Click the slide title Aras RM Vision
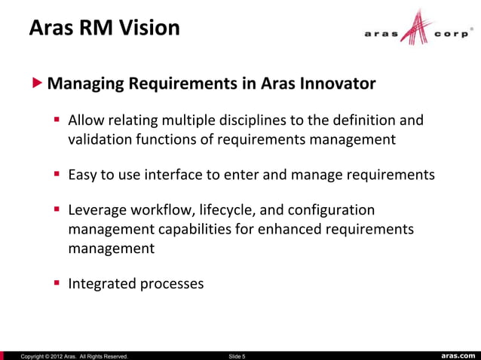pyautogui.click(x=104, y=29)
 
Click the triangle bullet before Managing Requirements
pyautogui.click(x=38, y=83)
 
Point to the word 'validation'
pyautogui.click(x=100, y=139)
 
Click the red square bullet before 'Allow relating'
pyautogui.click(x=57, y=121)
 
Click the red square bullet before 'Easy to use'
pyautogui.click(x=57, y=175)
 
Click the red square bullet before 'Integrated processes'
pyautogui.click(x=57, y=284)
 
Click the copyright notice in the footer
pyautogui.click(x=74, y=355)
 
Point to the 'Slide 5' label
pyautogui.click(x=236, y=355)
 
